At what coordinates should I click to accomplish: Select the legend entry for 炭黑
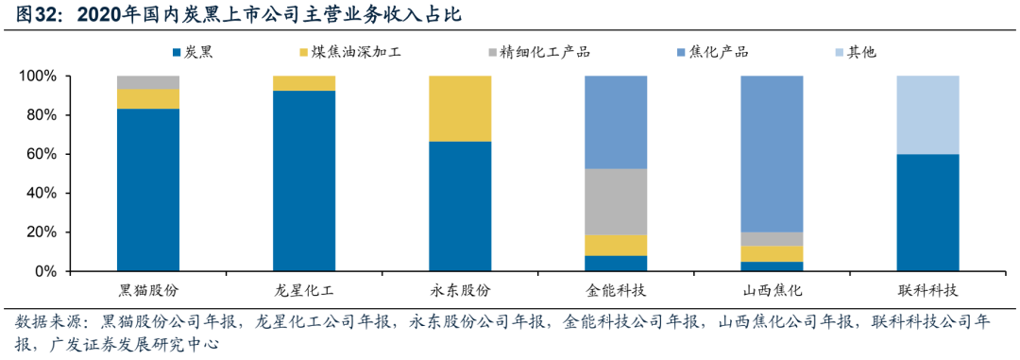coord(193,51)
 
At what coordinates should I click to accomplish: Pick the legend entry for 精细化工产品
coord(547,51)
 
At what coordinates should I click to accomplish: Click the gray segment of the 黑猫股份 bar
coord(148,82)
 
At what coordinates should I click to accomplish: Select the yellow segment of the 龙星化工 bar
coord(304,83)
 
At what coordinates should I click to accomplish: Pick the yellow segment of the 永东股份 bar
coord(460,109)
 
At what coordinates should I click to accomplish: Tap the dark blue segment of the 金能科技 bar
coord(616,263)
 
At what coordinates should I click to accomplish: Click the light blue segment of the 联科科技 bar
coord(927,114)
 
